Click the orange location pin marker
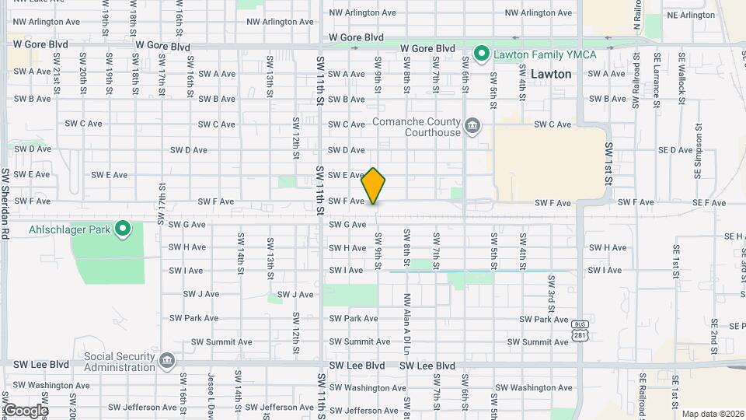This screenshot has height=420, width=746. tap(374, 186)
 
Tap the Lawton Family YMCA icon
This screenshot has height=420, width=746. tap(481, 54)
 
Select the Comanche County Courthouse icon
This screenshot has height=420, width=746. tap(472, 126)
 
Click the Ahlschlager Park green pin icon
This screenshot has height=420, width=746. tap(123, 229)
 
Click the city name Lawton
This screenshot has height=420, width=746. tap(553, 75)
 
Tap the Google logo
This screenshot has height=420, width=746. tap(25, 410)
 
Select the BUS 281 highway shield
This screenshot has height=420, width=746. tap(580, 330)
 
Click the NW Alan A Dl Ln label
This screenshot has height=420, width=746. tap(406, 319)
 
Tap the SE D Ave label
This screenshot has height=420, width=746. tap(675, 150)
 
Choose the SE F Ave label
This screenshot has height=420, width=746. tap(708, 203)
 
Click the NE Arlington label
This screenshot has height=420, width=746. tap(690, 15)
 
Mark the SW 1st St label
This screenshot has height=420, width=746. tap(608, 163)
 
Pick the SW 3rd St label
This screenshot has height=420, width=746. tap(550, 290)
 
